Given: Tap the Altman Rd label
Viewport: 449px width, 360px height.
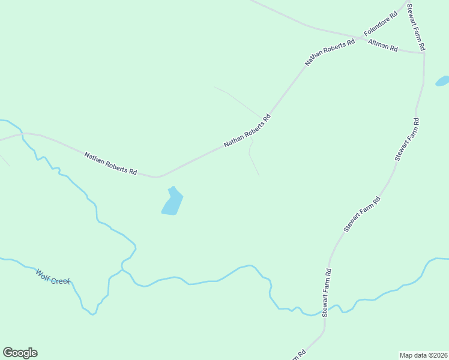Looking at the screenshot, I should [x=383, y=44].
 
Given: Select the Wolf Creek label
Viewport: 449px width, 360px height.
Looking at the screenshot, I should [x=53, y=277].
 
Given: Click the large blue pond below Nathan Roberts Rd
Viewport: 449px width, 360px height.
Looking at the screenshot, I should [x=172, y=202].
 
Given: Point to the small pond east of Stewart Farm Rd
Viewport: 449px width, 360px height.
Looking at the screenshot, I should [x=442, y=80].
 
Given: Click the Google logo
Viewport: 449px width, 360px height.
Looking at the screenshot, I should [x=20, y=353].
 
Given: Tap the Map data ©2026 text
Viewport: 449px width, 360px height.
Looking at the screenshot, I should [x=423, y=355].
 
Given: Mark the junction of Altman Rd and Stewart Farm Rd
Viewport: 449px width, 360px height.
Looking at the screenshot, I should [x=424, y=53].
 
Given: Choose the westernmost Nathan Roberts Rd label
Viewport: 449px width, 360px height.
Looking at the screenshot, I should [x=110, y=163].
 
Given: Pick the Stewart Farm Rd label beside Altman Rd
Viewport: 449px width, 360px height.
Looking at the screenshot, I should [x=417, y=27].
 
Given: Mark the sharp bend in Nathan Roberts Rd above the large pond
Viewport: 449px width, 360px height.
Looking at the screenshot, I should [x=156, y=178].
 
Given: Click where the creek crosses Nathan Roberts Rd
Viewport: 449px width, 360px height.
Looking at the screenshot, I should [x=22, y=134].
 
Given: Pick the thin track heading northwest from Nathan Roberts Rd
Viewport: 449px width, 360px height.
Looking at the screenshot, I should [x=237, y=99].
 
